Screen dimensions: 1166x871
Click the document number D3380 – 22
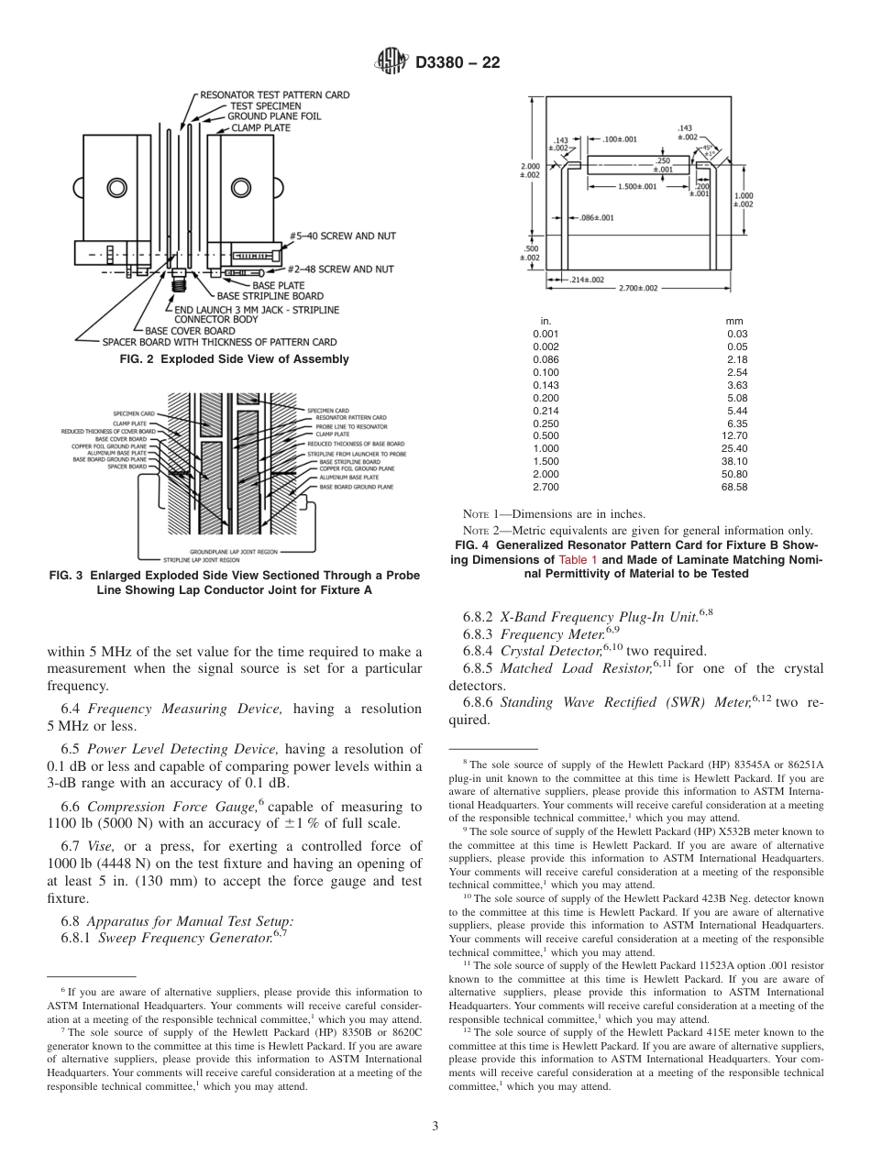point(458,63)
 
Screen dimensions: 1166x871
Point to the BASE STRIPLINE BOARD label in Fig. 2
point(270,296)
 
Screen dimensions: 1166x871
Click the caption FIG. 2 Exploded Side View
point(235,359)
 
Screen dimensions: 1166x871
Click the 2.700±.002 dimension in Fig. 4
point(638,288)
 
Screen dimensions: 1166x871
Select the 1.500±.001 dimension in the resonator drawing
point(635,186)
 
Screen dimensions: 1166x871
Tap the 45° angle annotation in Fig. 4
point(709,147)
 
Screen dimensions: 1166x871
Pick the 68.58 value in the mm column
point(735,487)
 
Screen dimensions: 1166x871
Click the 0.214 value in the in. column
point(545,411)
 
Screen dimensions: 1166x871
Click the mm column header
point(735,321)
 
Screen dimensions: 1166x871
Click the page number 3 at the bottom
point(435,1126)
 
